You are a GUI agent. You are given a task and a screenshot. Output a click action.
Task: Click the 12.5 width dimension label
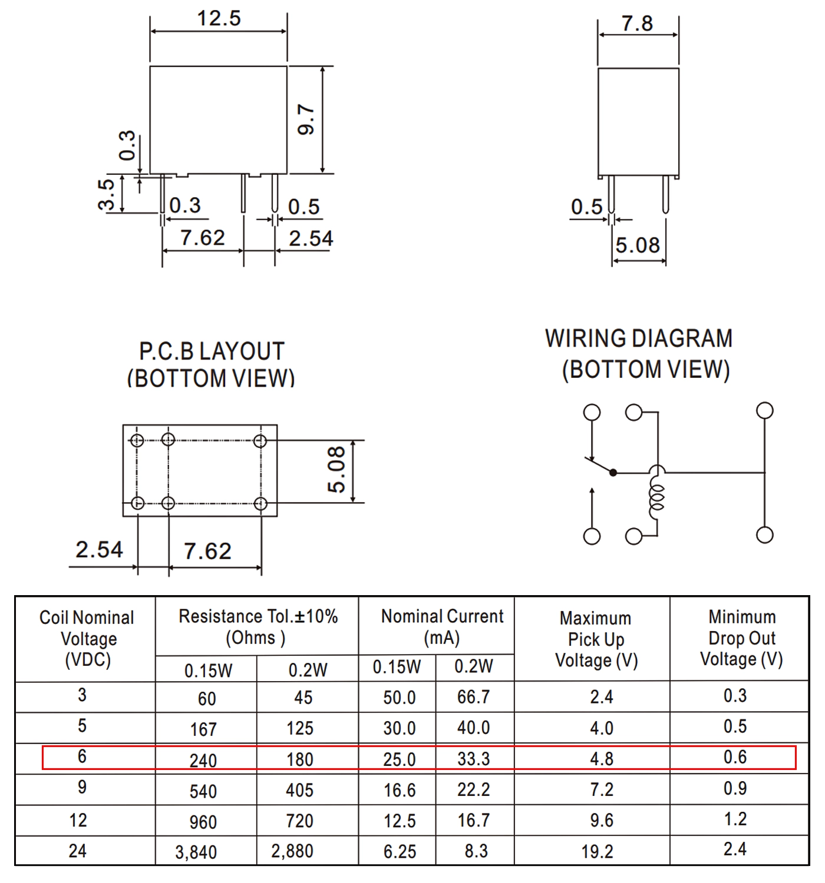pyautogui.click(x=219, y=19)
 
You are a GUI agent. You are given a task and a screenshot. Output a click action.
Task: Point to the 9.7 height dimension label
pyautogui.click(x=306, y=119)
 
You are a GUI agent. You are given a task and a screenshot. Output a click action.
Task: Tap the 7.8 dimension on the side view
pyautogui.click(x=637, y=24)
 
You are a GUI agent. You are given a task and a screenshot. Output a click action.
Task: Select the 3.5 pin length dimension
pyautogui.click(x=106, y=194)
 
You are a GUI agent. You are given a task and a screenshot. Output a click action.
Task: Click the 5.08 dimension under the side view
pyautogui.click(x=638, y=245)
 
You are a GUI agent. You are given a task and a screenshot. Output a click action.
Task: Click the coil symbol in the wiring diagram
pyautogui.click(x=657, y=493)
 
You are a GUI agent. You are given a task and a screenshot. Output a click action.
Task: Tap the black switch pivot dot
pyautogui.click(x=613, y=473)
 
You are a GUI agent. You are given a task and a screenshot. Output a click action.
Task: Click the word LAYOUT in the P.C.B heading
pyautogui.click(x=242, y=351)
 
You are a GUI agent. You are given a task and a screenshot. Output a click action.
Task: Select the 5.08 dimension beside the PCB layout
pyautogui.click(x=336, y=470)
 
